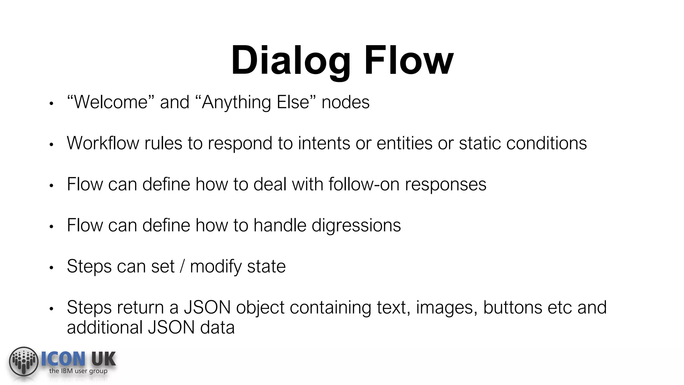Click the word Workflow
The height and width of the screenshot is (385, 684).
click(103, 143)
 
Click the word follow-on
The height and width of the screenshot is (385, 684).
click(364, 184)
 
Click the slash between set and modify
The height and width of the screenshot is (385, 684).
click(182, 267)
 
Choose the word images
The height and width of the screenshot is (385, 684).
click(446, 307)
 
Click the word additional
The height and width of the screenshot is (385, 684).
click(105, 328)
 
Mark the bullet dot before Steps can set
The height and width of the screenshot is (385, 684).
click(51, 268)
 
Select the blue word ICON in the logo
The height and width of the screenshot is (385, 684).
click(63, 359)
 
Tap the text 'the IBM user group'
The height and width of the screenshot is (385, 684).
click(78, 371)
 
